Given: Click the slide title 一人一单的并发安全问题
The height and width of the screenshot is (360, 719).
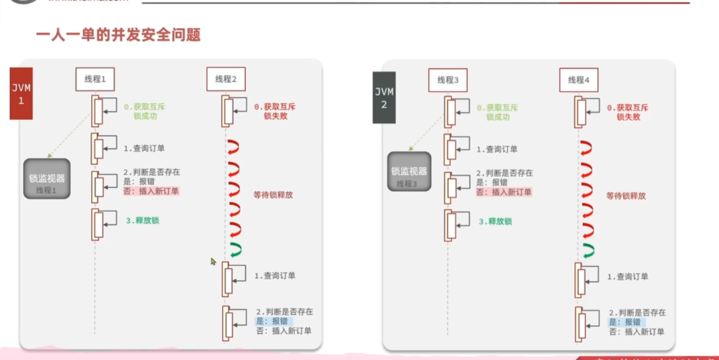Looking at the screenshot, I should pyautogui.click(x=118, y=34).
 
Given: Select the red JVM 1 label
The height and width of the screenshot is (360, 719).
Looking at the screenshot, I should pyautogui.click(x=21, y=93).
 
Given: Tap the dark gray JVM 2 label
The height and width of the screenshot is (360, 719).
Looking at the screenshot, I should pyautogui.click(x=383, y=98).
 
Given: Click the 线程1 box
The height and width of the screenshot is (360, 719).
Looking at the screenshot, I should pyautogui.click(x=95, y=79).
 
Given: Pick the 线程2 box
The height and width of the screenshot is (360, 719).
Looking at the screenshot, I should pyautogui.click(x=225, y=79).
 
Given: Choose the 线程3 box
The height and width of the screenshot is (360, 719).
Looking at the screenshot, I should pyautogui.click(x=447, y=79).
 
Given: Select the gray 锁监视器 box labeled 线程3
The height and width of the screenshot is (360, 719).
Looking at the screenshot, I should pyautogui.click(x=409, y=175).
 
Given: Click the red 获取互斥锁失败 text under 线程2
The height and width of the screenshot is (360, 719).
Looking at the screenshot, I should pyautogui.click(x=275, y=112).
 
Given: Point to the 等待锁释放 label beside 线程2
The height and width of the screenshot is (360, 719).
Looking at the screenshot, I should pyautogui.click(x=273, y=195).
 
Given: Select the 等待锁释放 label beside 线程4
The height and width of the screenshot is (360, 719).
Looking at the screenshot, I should pyautogui.click(x=626, y=196).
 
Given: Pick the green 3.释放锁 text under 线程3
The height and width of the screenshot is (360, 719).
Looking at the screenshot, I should pyautogui.click(x=495, y=221).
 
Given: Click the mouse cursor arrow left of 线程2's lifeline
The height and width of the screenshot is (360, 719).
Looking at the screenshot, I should pyautogui.click(x=214, y=262).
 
